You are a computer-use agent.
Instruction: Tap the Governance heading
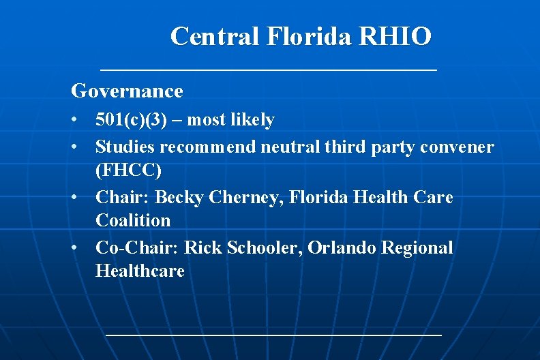(127, 91)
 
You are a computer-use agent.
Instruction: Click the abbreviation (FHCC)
(129, 170)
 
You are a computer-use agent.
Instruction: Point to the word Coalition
(133, 221)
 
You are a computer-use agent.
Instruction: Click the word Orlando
(339, 247)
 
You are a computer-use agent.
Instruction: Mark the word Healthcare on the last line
(140, 271)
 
